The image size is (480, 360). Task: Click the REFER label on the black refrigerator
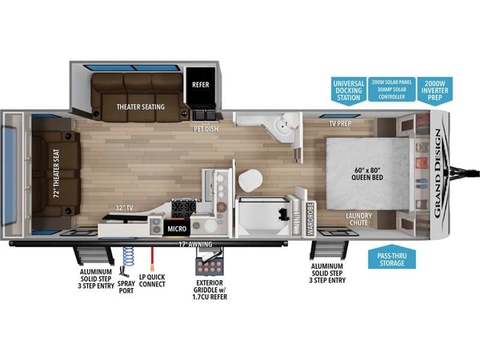201,85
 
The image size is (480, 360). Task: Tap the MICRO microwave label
177,229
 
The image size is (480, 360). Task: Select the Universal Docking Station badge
349,91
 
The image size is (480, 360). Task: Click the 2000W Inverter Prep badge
434,90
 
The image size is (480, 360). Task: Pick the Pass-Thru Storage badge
392,257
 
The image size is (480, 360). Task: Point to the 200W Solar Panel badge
392,89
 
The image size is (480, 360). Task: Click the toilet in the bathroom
250,180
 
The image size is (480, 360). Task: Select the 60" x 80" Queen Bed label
367,174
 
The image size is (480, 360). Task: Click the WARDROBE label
310,218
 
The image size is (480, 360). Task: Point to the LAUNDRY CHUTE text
358,219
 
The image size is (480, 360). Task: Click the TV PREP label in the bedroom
340,124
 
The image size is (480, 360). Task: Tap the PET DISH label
206,129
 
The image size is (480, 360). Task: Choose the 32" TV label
124,208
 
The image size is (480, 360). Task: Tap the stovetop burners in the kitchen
184,209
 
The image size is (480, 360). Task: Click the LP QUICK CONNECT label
152,281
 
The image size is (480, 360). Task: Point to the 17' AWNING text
195,244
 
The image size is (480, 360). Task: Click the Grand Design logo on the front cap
438,174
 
